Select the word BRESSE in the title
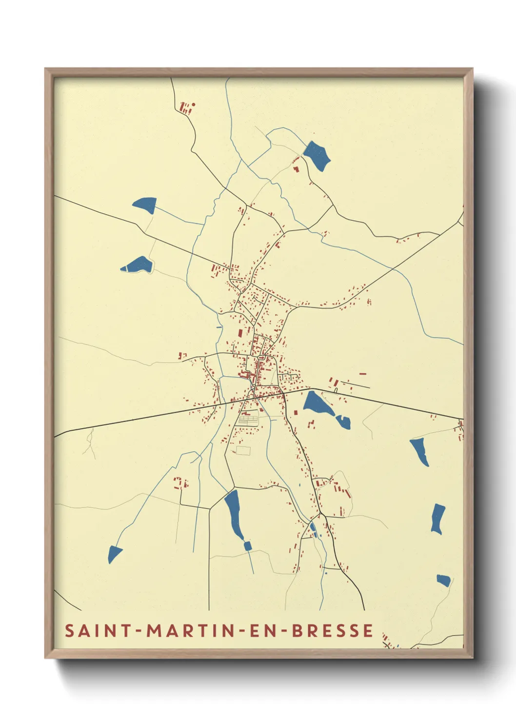333,630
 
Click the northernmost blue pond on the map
317,155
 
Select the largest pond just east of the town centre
318,404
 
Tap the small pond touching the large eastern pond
343,421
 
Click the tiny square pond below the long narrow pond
247,545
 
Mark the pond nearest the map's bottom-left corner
115,554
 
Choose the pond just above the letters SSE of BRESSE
443,580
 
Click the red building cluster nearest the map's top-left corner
186,107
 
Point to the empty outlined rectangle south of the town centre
243,450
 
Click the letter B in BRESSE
297,630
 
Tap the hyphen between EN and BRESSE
284,631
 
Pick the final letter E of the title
368,630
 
